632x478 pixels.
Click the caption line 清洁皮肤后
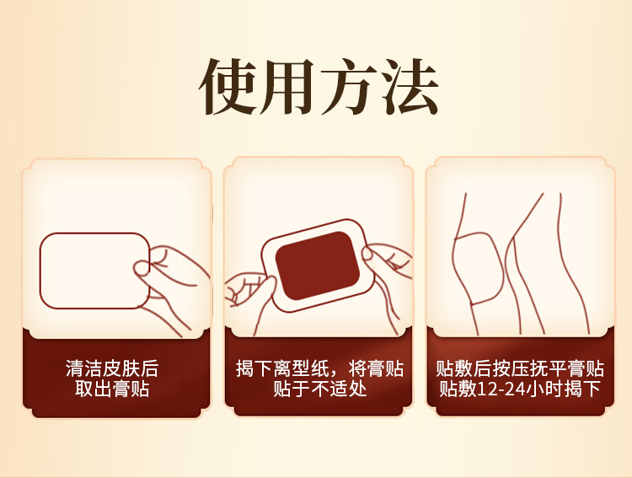[x=112, y=369]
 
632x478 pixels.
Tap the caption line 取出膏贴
[x=112, y=389]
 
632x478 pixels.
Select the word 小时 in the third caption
[x=557, y=389]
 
